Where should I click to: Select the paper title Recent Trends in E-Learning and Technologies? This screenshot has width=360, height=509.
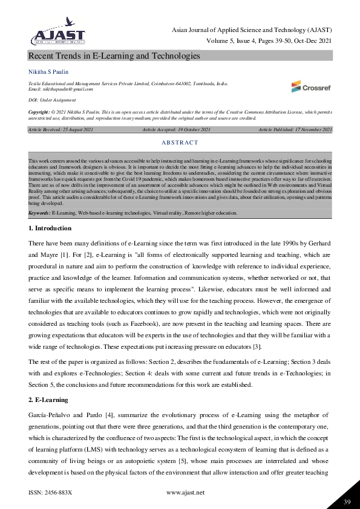(x=114, y=56)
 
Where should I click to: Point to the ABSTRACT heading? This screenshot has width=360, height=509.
(x=180, y=143)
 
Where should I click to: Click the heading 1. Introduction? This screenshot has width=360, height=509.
(x=50, y=229)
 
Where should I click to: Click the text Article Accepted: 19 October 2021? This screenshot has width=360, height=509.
(x=177, y=130)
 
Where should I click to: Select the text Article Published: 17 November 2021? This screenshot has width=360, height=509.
(x=295, y=130)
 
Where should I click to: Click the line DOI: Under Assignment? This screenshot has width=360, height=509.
(x=52, y=100)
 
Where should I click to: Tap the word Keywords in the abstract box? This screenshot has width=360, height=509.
(x=39, y=213)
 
